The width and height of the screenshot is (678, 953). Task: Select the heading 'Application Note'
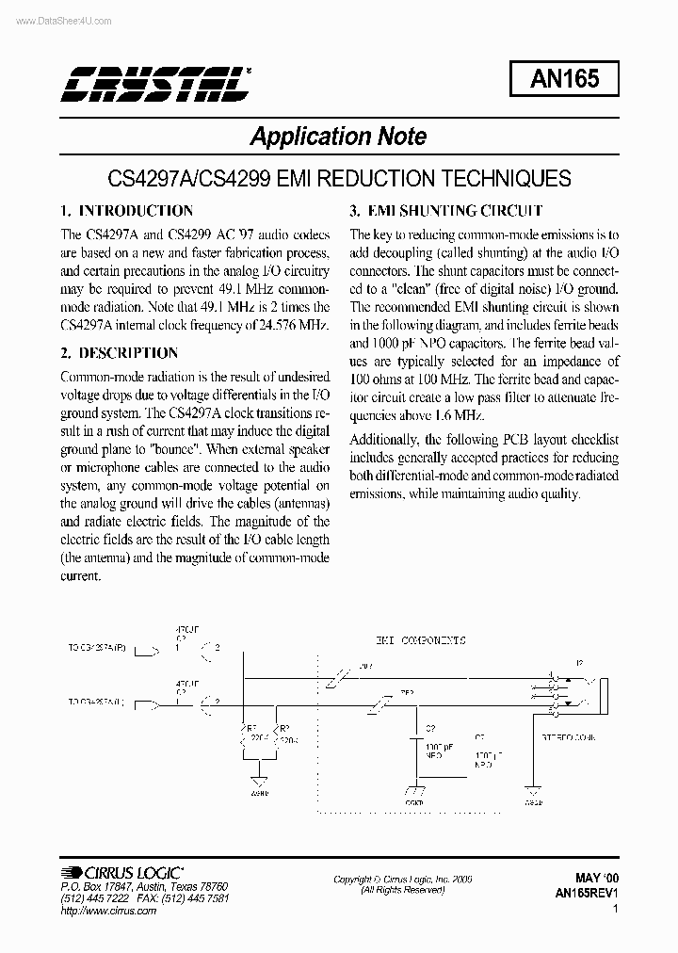click(338, 137)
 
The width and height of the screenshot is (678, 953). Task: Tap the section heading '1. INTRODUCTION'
click(126, 211)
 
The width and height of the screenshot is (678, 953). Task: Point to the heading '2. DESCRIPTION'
click(119, 353)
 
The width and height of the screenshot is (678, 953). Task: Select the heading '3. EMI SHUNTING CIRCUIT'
click(446, 211)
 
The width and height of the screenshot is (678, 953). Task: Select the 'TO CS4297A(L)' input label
click(99, 702)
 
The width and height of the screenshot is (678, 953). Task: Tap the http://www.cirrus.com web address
click(99, 911)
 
